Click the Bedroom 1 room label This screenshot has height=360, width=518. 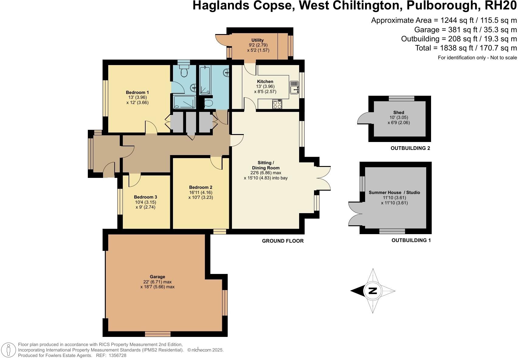pos(137,92)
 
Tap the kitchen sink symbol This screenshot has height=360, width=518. pos(294,87)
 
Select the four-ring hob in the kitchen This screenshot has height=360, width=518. pos(277,104)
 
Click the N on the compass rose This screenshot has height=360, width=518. pos(373,291)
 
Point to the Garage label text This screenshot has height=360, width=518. pos(157,277)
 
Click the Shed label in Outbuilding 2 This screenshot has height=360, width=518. pos(399,112)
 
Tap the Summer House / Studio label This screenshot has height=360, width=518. pos(394,192)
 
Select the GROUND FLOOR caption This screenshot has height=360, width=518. pos(283,241)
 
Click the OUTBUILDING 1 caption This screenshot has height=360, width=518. pos(411,241)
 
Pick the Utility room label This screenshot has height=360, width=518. pos(257,40)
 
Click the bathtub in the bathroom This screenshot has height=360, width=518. pos(205,80)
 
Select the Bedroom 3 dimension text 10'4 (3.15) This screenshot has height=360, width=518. pos(145,202)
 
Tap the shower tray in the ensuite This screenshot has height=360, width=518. pos(184,102)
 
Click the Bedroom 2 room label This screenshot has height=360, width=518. pos(200,187)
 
